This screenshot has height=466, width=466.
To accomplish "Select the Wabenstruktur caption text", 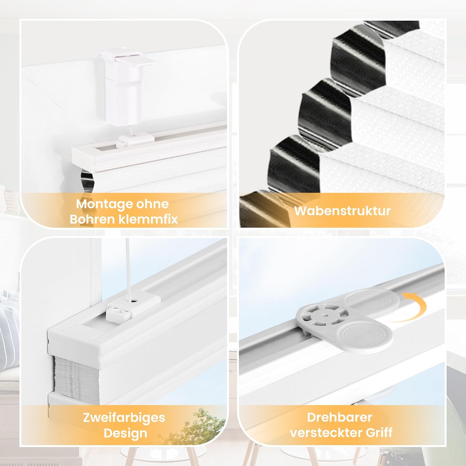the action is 342,211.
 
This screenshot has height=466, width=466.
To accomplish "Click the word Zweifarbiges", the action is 124,418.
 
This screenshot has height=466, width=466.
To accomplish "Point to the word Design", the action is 125,433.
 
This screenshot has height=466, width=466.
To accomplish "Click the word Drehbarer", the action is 340,417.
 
